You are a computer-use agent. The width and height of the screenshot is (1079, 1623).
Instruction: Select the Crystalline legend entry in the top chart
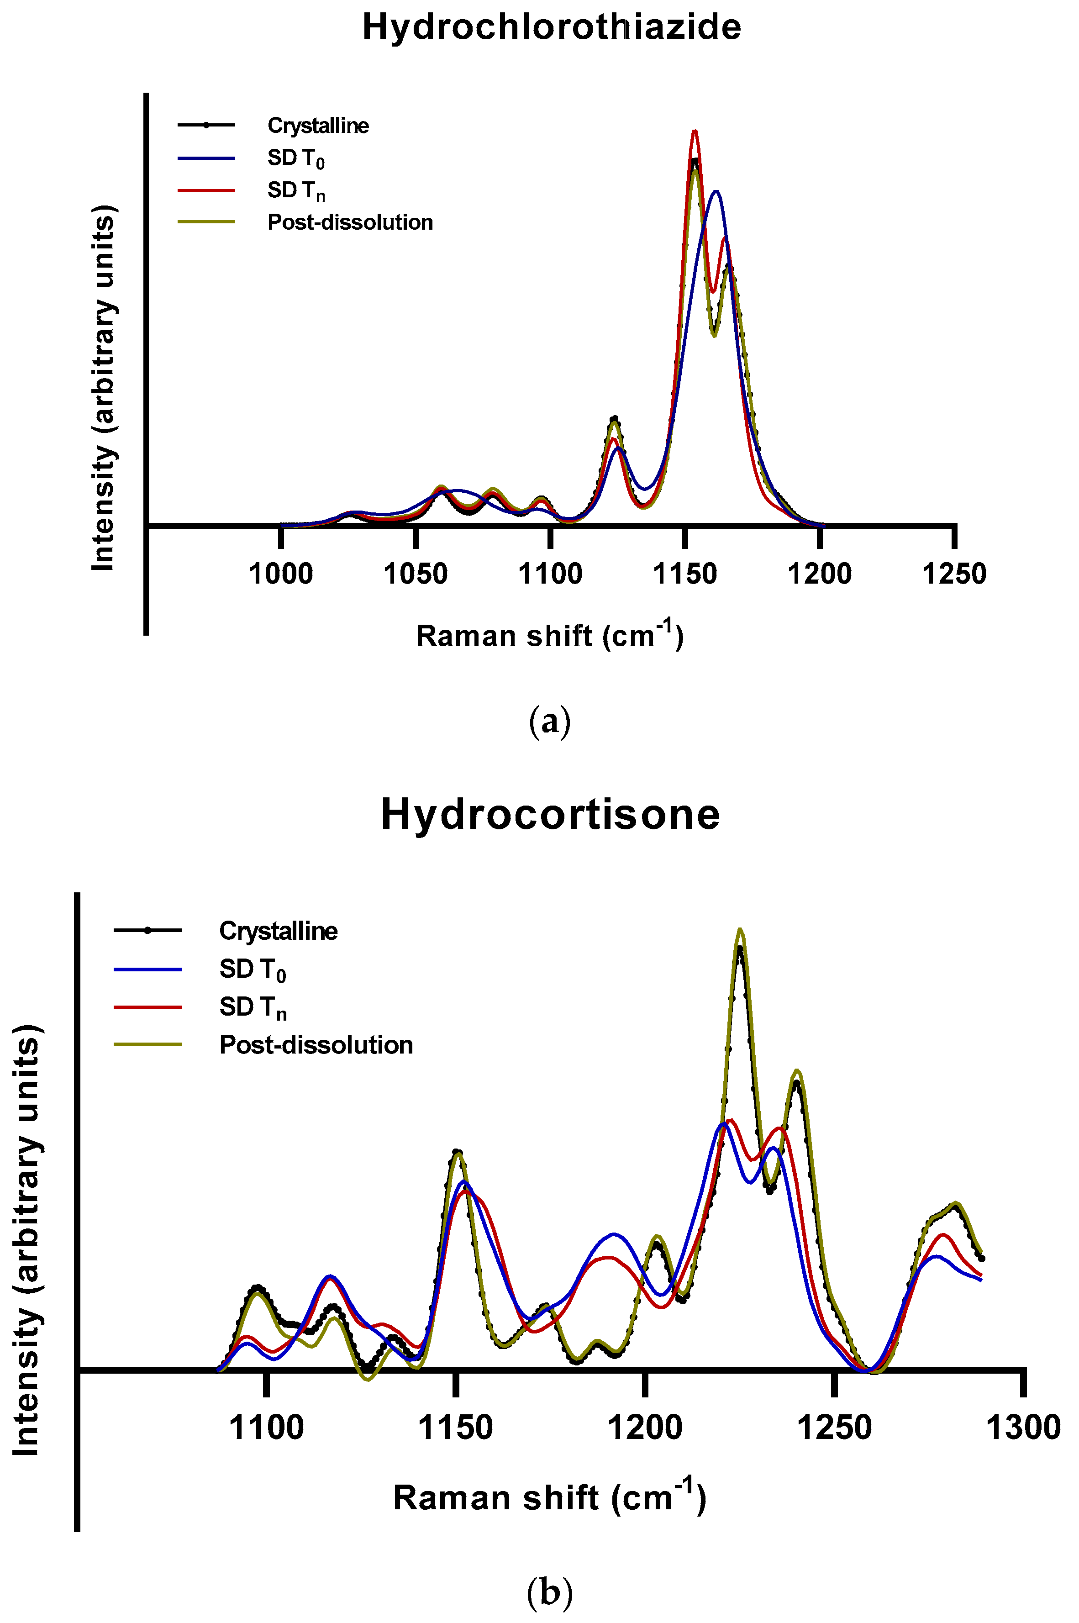318,126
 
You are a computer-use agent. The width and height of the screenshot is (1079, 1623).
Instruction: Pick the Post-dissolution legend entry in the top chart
350,222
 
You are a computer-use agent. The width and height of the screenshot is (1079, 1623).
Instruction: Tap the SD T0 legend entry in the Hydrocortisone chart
252,970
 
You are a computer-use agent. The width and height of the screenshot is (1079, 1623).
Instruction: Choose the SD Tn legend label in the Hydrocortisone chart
252,1007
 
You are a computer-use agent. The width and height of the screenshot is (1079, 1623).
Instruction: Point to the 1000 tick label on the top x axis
281,573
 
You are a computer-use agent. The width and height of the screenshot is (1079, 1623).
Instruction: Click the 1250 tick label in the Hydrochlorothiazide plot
954,573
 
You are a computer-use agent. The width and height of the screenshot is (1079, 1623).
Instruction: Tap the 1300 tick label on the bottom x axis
1023,1428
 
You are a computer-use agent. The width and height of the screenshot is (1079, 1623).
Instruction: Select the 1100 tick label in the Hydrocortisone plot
266,1428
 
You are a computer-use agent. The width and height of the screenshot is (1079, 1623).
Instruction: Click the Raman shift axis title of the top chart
550,635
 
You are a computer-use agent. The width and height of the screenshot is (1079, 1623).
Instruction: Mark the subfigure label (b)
550,1592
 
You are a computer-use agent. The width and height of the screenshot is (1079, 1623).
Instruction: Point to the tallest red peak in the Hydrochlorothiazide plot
695,132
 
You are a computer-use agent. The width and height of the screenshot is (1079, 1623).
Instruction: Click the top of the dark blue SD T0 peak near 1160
717,192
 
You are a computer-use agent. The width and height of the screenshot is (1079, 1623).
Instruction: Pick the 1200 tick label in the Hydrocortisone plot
645,1428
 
